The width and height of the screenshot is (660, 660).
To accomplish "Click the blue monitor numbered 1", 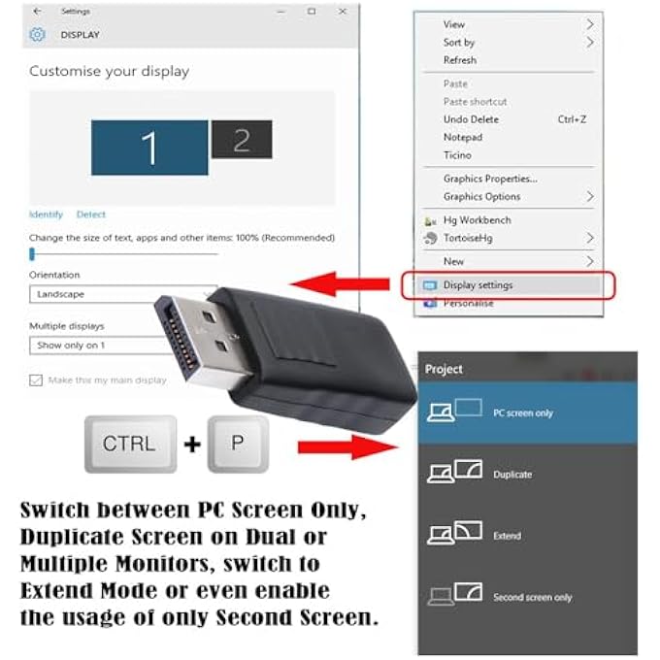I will (149, 148).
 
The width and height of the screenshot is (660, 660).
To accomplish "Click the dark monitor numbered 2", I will (241, 140).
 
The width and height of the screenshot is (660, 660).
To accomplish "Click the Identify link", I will (46, 214).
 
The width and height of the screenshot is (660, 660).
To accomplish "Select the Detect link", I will (91, 214).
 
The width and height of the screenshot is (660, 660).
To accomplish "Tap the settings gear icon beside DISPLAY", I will (37, 34).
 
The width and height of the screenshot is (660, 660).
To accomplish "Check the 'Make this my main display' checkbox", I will (37, 379).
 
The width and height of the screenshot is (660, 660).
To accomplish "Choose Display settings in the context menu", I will (478, 285).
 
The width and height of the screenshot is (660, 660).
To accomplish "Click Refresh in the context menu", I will (459, 60).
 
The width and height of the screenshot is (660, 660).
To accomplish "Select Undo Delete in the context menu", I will (471, 119).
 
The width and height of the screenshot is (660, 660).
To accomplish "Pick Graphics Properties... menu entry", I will (489, 179).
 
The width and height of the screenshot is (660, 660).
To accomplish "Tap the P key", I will (238, 444).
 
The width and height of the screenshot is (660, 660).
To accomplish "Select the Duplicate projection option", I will (512, 475).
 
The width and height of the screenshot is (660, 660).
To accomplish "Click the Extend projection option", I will (507, 536).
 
